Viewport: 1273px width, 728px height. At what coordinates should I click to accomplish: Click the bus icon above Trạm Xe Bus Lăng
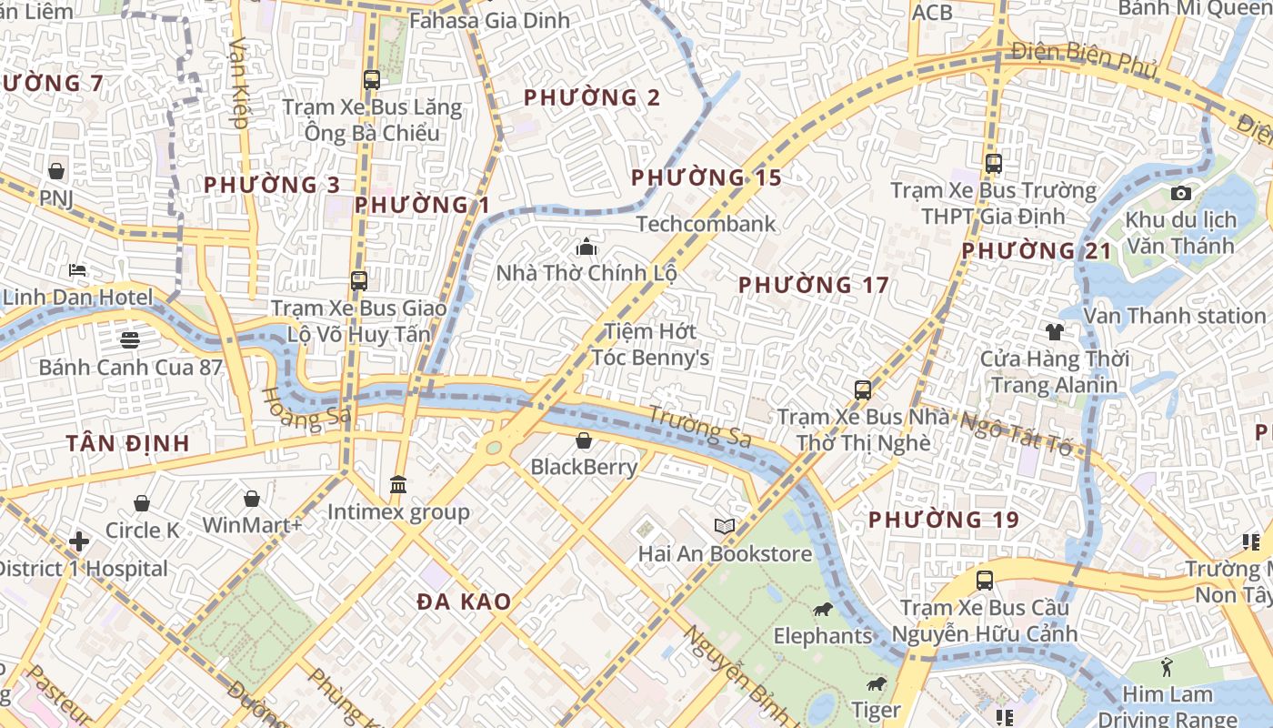pyautogui.click(x=371, y=79)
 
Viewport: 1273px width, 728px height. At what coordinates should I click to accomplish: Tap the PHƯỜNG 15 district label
pyautogui.click(x=706, y=177)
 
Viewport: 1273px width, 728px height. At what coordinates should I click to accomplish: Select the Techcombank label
pyautogui.click(x=706, y=224)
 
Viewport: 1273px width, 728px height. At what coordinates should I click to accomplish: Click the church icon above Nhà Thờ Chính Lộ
pyautogui.click(x=586, y=247)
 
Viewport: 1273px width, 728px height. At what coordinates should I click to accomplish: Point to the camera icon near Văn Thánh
pyautogui.click(x=1181, y=193)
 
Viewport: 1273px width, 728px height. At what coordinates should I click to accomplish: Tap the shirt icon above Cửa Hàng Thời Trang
pyautogui.click(x=1054, y=331)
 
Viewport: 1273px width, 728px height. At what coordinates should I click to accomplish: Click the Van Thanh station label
pyautogui.click(x=1175, y=316)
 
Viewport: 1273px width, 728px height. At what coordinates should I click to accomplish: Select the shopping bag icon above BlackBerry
pyautogui.click(x=584, y=440)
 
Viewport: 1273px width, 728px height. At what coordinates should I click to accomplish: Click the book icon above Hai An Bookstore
pyautogui.click(x=725, y=526)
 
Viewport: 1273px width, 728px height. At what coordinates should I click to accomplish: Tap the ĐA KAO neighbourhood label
pyautogui.click(x=464, y=602)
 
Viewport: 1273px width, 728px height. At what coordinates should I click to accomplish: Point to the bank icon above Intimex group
pyautogui.click(x=398, y=484)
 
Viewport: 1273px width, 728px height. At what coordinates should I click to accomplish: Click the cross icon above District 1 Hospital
pyautogui.click(x=79, y=541)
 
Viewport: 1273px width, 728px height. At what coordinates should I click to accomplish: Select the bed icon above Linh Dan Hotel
pyautogui.click(x=77, y=270)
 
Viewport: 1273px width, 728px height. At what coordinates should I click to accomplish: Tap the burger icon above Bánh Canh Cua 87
pyautogui.click(x=129, y=340)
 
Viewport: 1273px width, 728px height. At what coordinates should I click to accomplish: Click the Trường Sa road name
pyautogui.click(x=699, y=426)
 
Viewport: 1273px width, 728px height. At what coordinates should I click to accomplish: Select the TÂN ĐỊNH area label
pyautogui.click(x=127, y=443)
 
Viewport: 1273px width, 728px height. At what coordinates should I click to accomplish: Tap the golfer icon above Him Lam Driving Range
pyautogui.click(x=1167, y=667)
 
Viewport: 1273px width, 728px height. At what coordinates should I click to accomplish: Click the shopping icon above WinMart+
pyautogui.click(x=251, y=498)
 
